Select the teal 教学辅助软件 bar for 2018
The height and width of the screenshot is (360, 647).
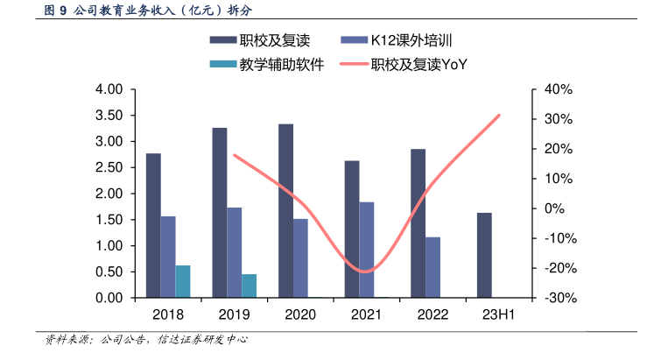(183, 281)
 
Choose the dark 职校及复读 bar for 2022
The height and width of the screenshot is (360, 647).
(418, 223)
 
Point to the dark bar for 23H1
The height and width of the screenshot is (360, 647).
(484, 255)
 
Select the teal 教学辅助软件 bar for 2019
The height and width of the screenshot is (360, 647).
(250, 286)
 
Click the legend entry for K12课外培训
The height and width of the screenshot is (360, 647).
(398, 40)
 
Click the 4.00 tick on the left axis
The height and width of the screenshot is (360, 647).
(110, 89)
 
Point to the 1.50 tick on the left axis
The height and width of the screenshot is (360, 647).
(110, 220)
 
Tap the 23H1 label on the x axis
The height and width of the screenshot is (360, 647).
(498, 314)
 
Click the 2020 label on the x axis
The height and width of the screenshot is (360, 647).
(300, 314)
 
